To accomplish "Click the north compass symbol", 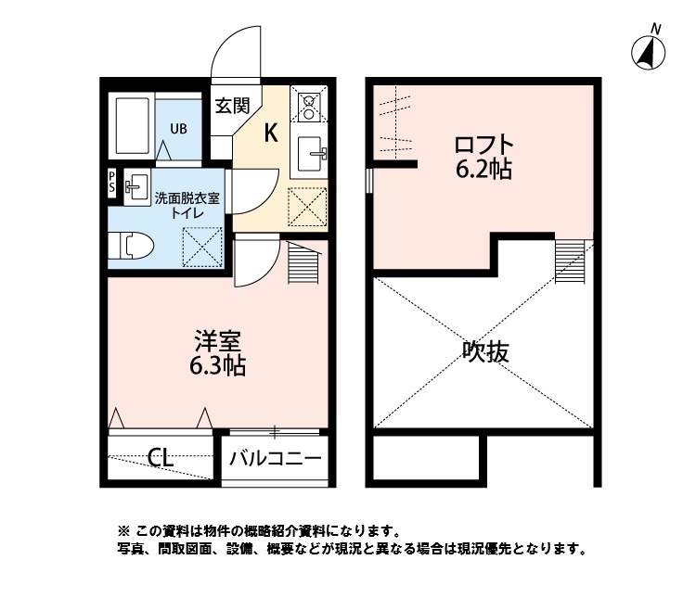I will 649,52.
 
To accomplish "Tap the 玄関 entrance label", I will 232,105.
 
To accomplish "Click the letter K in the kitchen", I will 271,133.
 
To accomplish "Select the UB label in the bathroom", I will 177,128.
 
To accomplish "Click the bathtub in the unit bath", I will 133,127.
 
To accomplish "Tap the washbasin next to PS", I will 136,185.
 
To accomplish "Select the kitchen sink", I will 311,154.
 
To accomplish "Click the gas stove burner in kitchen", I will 309,103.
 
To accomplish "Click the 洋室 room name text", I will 219,340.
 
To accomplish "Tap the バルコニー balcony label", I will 276,458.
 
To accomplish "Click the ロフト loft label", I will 483,146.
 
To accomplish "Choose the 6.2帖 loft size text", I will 483,171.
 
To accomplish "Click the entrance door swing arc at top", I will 234,56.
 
